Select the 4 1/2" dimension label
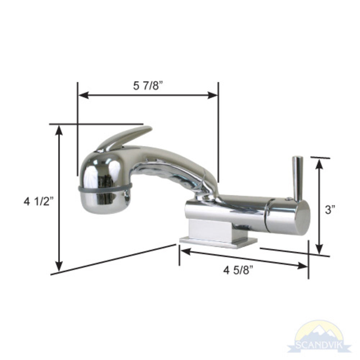(39, 201)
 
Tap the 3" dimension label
(330, 210)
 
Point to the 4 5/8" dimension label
(238, 270)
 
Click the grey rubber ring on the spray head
(104, 188)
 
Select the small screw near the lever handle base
(288, 198)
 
